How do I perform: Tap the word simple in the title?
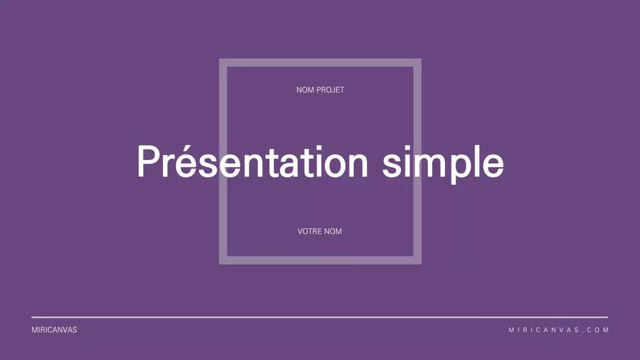pyautogui.click(x=443, y=164)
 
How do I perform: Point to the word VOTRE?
pyautogui.click(x=309, y=231)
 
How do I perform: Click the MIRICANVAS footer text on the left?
pyautogui.click(x=54, y=329)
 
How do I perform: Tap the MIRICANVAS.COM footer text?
pyautogui.click(x=558, y=329)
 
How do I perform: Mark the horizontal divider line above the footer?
pyautogui.click(x=319, y=317)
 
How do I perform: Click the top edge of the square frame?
pyautogui.click(x=320, y=63)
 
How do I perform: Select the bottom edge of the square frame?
pyautogui.click(x=320, y=260)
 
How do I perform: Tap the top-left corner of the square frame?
pyautogui.click(x=219, y=59)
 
